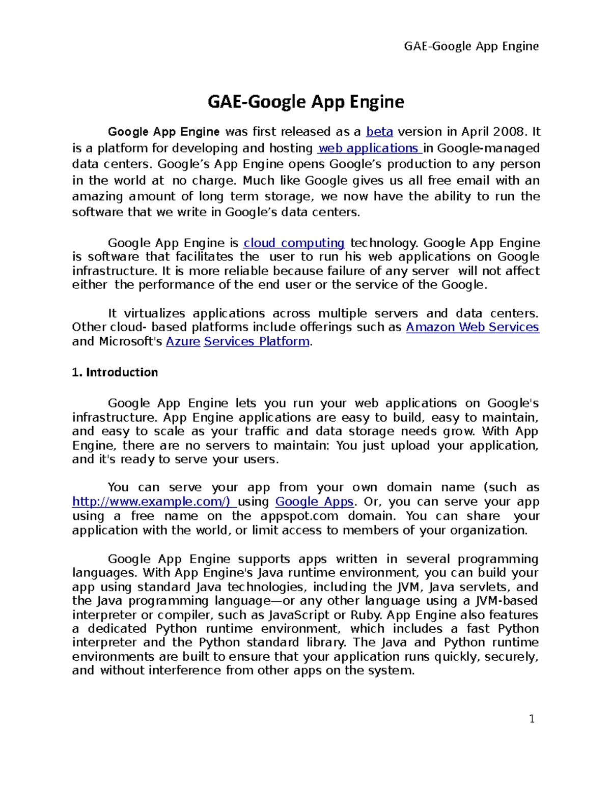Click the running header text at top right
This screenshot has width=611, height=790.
471,46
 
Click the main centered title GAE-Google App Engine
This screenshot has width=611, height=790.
305,102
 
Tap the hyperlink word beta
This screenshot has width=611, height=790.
379,132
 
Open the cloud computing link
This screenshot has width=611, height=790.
294,243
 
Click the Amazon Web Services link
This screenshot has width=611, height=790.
472,327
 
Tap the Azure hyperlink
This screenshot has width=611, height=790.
183,341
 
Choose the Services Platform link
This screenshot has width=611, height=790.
257,341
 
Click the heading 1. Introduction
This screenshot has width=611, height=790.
115,372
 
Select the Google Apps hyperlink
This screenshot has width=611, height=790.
314,502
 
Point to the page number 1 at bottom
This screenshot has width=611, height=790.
532,719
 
